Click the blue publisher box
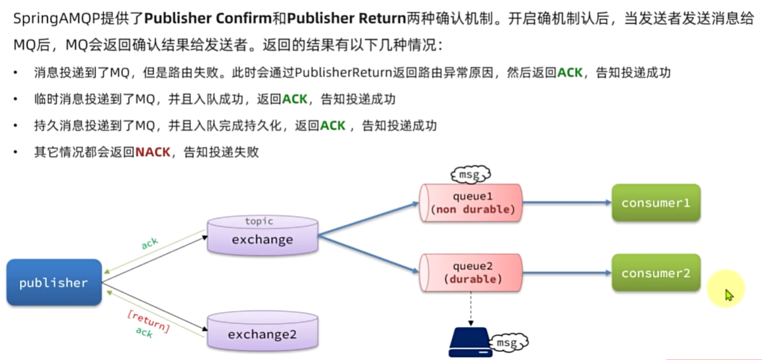coord(54,283)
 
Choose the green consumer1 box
coord(655,203)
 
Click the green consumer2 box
coord(655,273)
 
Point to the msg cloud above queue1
coord(471,173)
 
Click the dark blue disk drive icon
coord(469,343)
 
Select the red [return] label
coord(148,319)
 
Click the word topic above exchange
coord(259,221)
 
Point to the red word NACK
coord(153,153)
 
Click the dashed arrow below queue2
coord(471,311)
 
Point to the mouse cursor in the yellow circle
coord(728,295)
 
